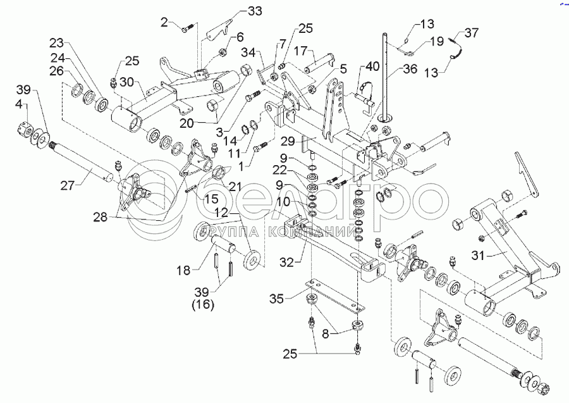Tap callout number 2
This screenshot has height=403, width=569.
click(165, 23)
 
